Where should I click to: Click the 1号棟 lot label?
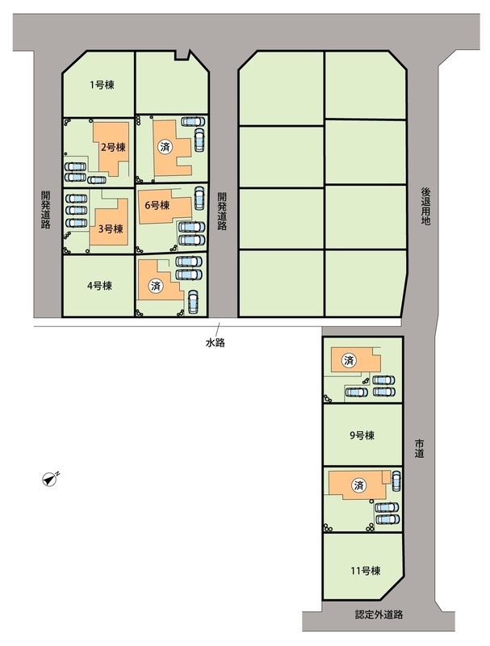click(102, 85)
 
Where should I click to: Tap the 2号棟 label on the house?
click(113, 147)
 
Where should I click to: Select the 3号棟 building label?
click(111, 229)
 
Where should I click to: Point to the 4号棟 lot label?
click(99, 286)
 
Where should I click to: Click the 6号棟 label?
click(157, 205)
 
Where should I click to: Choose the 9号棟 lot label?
click(362, 435)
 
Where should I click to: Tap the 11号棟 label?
click(366, 571)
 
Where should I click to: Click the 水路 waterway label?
click(215, 342)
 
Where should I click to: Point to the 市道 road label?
click(419, 449)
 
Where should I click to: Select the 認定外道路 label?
click(379, 615)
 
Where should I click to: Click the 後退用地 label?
click(425, 206)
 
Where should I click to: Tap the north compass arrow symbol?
click(51, 478)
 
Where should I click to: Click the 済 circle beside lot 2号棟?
click(165, 147)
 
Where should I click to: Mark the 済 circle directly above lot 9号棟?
click(349, 361)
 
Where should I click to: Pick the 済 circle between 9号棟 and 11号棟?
click(359, 485)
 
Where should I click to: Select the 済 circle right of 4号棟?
click(156, 286)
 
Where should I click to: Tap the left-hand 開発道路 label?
click(45, 209)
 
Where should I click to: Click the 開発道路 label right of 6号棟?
click(222, 211)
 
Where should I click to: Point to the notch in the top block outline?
click(182, 55)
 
